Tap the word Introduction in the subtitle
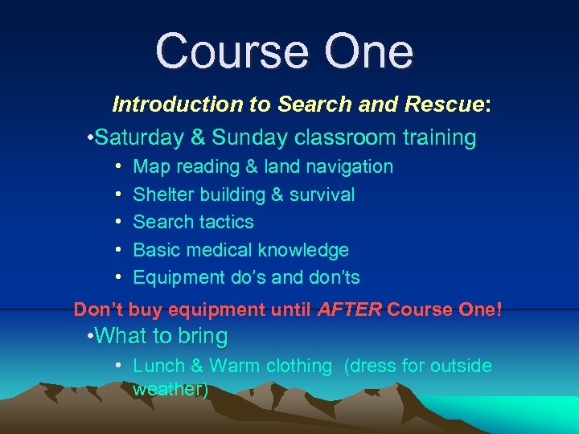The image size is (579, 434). click(x=166, y=104)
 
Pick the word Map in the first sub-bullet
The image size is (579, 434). click(x=149, y=167)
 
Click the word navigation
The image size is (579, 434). click(x=347, y=167)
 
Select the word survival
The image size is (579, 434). click(x=322, y=194)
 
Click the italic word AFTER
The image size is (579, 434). click(x=350, y=309)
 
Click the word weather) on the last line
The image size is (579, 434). click(x=170, y=390)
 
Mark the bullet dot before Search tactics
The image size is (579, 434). click(x=117, y=222)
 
